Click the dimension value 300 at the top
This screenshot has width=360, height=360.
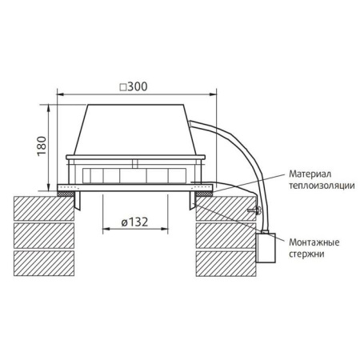(139, 86)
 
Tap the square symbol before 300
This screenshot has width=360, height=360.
(122, 86)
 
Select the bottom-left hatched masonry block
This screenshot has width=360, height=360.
(44, 261)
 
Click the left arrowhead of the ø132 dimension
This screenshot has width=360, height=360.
(105, 231)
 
